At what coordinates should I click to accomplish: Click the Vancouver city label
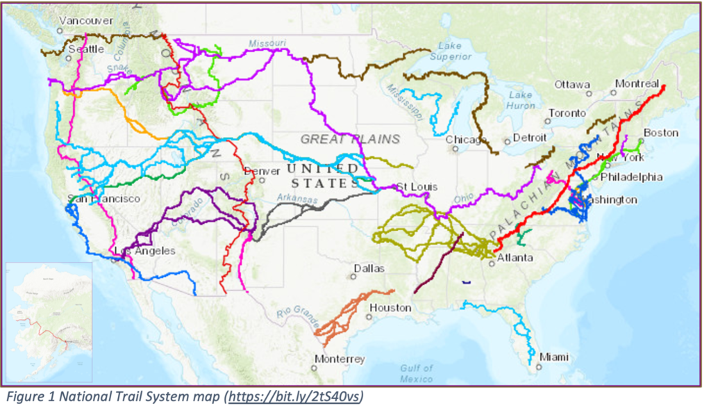86,21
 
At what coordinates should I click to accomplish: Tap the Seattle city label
86,49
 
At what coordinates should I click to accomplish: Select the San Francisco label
103,199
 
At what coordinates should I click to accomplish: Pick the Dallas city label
369,268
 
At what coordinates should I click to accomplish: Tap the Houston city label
390,307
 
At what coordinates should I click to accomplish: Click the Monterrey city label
340,359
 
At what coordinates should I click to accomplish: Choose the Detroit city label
530,138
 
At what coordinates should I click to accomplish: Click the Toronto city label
567,113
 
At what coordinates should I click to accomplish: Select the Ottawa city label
571,85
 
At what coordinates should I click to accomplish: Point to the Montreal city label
637,84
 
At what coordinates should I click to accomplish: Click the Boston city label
661,132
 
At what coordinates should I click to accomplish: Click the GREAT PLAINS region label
350,139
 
